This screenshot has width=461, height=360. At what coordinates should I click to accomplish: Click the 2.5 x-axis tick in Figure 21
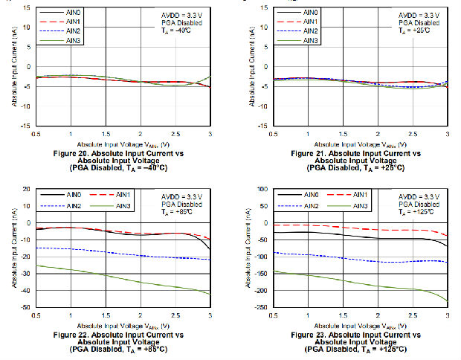pyautogui.click(x=412, y=132)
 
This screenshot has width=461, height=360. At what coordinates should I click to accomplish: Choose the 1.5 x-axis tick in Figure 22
pyautogui.click(x=106, y=314)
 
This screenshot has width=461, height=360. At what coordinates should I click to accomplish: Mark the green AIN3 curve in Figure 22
pyautogui.click(x=112, y=277)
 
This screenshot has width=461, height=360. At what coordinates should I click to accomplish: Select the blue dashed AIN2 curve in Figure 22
pyautogui.click(x=112, y=251)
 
